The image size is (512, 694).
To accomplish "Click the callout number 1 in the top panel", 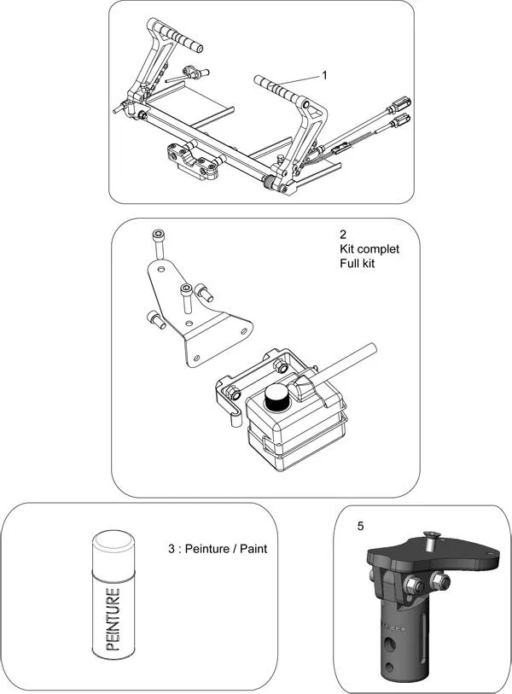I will [324, 75].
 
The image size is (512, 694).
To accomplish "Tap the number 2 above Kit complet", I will [343, 234].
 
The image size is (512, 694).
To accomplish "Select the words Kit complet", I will [369, 249].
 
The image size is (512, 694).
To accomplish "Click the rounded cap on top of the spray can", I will [116, 541].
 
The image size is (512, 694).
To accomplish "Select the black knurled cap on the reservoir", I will [276, 398].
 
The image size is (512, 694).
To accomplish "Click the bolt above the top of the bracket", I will [157, 242].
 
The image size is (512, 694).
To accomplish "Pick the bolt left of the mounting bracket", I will [154, 320].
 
